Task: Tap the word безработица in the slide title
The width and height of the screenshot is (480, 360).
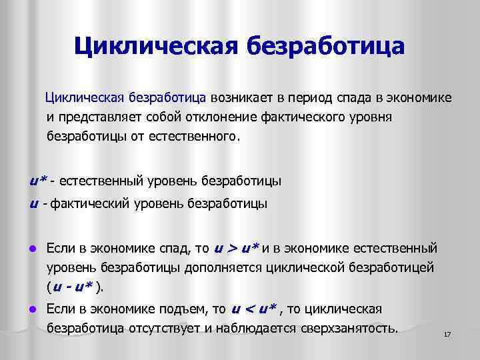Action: click(x=326, y=46)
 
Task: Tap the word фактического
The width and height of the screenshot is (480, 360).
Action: click(x=309, y=118)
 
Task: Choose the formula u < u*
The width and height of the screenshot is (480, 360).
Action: click(x=254, y=309)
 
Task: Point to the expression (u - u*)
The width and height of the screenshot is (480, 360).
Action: click(x=74, y=287)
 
